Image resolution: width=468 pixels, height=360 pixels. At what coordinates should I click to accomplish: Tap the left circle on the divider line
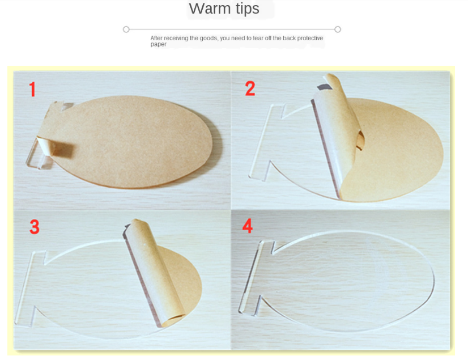tap(126, 29)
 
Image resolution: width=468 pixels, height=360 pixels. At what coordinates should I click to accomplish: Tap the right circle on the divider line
tap(338, 29)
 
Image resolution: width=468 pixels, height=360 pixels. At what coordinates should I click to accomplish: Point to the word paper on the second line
tap(158, 44)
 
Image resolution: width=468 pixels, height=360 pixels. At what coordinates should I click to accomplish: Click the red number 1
tap(32, 90)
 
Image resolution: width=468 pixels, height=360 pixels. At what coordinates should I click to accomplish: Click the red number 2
tap(250, 88)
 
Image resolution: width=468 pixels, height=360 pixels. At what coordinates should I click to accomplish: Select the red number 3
tap(35, 227)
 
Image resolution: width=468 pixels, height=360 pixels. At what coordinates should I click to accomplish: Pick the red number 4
tap(248, 226)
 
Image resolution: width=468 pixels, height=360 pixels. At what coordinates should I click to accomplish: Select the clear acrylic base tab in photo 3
tap(28, 289)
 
